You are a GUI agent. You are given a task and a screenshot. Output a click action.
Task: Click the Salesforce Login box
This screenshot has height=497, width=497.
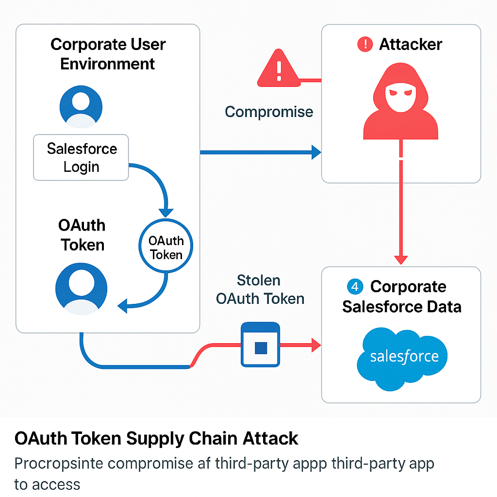[81, 157]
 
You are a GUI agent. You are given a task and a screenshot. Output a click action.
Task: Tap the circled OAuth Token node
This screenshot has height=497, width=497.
[166, 248]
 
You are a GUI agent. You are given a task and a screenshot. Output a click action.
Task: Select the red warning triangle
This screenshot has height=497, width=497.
[279, 69]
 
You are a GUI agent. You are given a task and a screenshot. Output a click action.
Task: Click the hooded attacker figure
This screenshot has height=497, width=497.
[401, 102]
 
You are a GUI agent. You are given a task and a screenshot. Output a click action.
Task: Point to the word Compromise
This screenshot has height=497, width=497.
[269, 112]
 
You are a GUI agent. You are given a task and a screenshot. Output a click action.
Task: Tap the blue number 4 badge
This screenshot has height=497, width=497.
[355, 287]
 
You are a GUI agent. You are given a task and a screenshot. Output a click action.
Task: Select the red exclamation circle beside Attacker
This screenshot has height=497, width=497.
[364, 45]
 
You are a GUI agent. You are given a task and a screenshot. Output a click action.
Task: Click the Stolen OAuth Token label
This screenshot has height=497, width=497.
[260, 289]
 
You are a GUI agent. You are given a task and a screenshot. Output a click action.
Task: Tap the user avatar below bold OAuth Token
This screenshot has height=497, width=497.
[82, 288]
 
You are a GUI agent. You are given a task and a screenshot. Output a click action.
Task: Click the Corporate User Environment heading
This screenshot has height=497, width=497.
[108, 54]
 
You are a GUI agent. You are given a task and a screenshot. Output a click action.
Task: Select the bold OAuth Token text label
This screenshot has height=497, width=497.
[82, 235]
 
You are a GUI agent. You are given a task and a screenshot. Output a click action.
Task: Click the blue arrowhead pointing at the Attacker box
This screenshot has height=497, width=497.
[315, 152]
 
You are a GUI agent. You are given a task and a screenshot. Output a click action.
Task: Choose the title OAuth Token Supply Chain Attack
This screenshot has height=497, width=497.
[156, 439]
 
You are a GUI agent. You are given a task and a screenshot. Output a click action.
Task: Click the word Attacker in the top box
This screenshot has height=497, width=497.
[411, 45]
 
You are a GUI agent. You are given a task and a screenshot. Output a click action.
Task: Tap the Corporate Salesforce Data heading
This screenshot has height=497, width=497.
[402, 297]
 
